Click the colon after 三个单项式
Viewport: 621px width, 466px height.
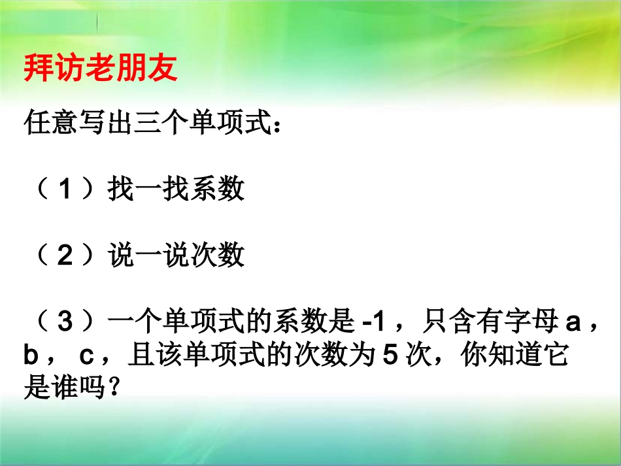277,124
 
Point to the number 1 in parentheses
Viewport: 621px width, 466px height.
64,190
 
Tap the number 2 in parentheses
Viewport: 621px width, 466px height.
64,256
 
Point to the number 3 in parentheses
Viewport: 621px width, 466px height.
64,322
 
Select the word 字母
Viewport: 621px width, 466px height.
529,322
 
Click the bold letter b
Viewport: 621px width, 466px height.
32,357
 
